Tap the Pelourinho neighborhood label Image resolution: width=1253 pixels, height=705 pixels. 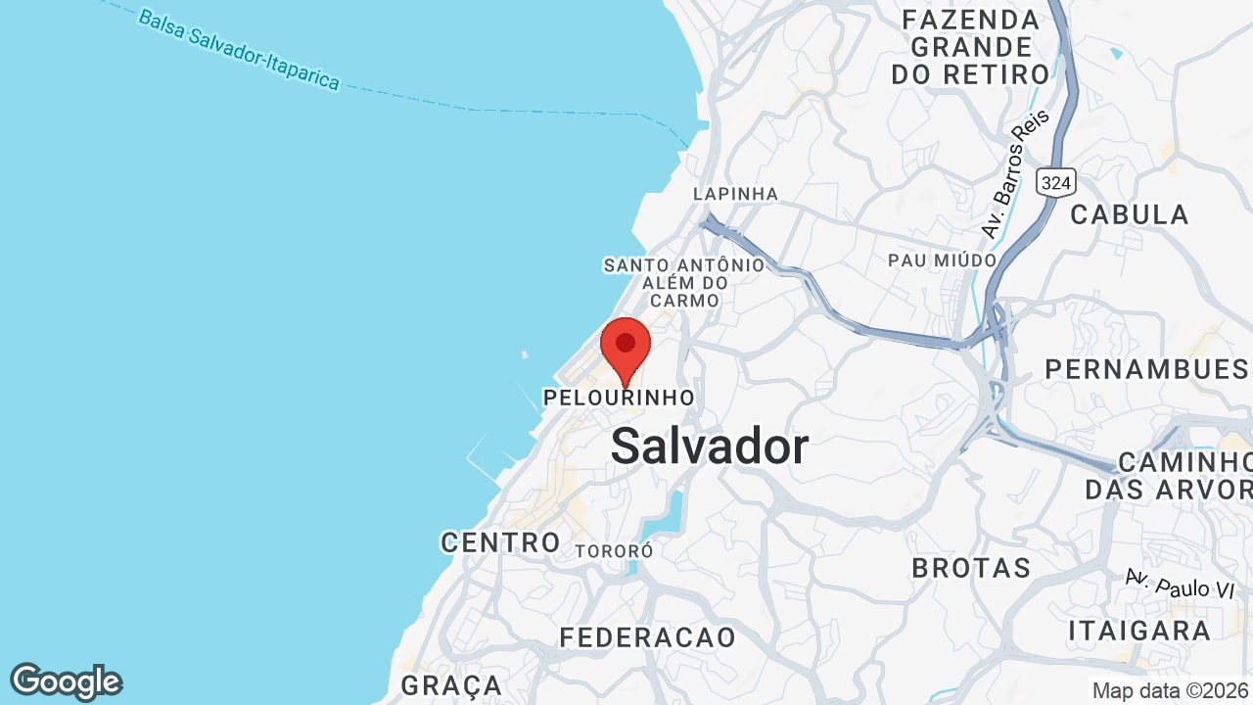(619, 398)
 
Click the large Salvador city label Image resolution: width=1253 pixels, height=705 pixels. (710, 447)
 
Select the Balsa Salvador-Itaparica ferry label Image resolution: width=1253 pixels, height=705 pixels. (239, 49)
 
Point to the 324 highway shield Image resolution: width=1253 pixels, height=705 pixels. (1058, 182)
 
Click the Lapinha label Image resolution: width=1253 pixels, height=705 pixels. (735, 194)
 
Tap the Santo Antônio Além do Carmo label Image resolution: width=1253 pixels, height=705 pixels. (684, 282)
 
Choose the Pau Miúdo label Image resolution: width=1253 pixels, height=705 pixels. (942, 259)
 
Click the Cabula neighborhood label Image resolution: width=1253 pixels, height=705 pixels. (1129, 214)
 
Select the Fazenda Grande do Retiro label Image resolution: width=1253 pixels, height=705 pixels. (970, 47)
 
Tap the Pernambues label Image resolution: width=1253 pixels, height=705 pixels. (1147, 369)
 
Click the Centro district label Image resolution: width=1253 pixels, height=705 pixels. (500, 541)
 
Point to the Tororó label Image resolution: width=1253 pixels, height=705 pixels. (614, 551)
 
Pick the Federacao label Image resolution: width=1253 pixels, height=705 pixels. (647, 637)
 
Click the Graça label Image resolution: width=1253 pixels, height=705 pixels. (451, 684)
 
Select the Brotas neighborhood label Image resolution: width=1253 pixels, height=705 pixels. (971, 567)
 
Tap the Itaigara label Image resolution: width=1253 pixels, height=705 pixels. (1139, 631)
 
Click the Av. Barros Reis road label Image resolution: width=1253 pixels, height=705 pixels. (1017, 172)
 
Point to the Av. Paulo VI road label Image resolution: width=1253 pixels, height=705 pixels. (1166, 584)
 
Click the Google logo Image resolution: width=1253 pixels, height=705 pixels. (66, 681)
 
